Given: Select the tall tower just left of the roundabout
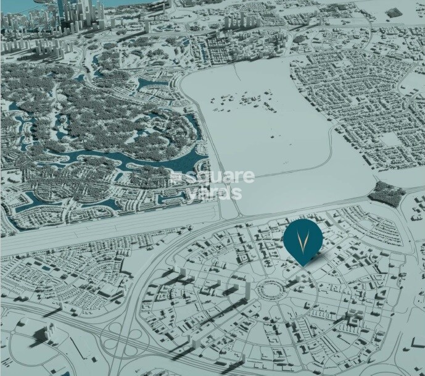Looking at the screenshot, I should [249, 290].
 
